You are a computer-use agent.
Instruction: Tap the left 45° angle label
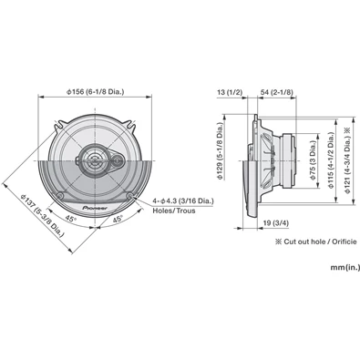click(70, 220)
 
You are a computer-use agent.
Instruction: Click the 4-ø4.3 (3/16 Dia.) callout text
click(182, 197)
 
